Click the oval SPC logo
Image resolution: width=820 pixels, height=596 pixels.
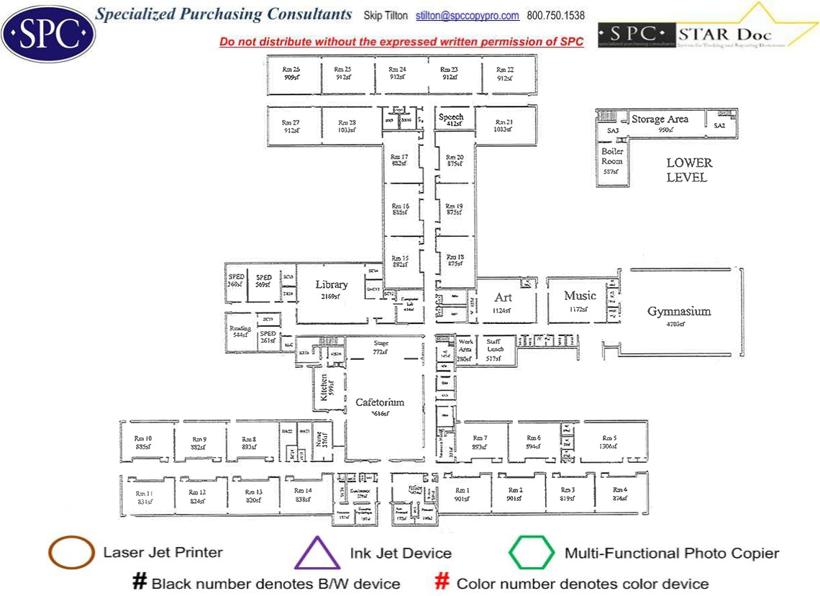pos(48,31)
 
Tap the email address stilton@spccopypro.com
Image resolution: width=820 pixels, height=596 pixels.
pos(468,15)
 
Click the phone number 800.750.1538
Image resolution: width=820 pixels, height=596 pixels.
pos(555,15)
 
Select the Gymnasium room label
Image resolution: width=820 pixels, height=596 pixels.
pos(678,312)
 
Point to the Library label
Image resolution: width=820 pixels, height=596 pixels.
pos(331,285)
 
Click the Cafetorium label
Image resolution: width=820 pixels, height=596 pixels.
pos(380,402)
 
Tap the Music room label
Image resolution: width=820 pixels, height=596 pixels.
pos(580,296)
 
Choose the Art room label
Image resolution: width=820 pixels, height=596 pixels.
pos(503,298)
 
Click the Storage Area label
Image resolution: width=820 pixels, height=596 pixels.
pos(660,119)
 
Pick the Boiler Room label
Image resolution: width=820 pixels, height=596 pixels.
pos(612,157)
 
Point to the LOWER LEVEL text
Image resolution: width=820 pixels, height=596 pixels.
pos(688,170)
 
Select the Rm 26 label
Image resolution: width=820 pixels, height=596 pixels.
pos(291,70)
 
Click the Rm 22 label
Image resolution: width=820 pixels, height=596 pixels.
pos(505,70)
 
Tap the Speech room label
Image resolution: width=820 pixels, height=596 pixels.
pos(451,117)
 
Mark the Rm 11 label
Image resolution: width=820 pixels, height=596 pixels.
pos(144,493)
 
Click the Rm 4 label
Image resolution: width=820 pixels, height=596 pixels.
pos(619,490)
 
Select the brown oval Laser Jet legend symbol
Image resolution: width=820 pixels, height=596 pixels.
pos(71,554)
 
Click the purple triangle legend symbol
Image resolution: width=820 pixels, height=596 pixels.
pos(316,554)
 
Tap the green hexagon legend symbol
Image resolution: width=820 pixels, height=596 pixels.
pos(532,553)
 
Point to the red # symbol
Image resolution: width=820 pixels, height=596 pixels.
pos(443,582)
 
